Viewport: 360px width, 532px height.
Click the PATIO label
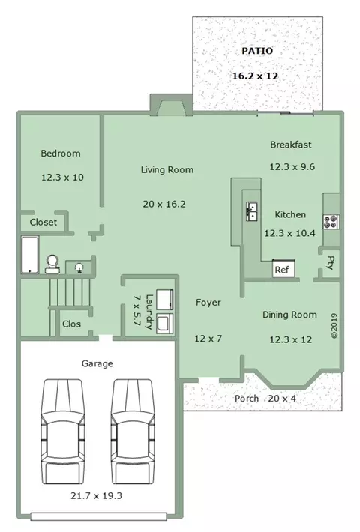tap(257, 51)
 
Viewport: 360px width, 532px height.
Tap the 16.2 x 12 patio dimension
tap(255, 76)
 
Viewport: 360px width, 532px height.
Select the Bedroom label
tap(61, 154)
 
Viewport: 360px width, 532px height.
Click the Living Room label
tap(167, 169)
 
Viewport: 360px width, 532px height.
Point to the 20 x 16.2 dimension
tap(164, 204)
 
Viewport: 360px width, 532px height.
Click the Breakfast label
tap(291, 145)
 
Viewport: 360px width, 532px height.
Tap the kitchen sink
tap(252, 211)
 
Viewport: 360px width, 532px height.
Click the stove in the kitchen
tap(331, 222)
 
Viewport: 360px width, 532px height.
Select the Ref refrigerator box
tap(283, 269)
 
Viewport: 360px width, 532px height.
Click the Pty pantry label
tap(330, 262)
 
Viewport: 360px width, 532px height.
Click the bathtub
tap(30, 255)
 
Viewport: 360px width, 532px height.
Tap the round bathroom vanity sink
tap(79, 267)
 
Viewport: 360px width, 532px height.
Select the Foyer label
tap(208, 302)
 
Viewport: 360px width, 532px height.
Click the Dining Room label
tap(289, 315)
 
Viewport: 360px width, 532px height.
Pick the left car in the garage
tap(62, 432)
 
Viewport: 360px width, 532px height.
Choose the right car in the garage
tap(132, 432)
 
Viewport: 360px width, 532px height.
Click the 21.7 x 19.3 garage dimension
tap(96, 496)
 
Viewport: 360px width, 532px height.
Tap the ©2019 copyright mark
tap(334, 326)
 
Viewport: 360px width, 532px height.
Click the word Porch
tap(247, 399)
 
